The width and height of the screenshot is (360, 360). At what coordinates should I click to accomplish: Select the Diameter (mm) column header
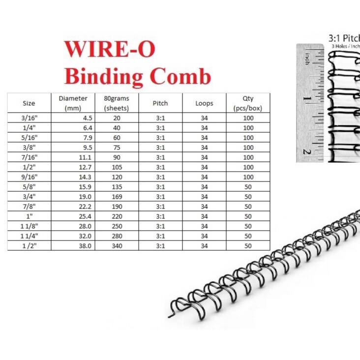coord(73,103)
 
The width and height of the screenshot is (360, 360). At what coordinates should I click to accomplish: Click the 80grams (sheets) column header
coord(117,103)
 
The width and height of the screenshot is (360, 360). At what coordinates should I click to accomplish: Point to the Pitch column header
coord(160,103)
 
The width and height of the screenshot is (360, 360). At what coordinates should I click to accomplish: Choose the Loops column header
coord(204,103)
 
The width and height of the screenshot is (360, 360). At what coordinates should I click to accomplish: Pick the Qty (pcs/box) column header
coord(248,103)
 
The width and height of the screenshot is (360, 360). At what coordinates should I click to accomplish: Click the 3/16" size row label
coord(29,118)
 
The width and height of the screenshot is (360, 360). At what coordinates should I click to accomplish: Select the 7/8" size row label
coord(29,206)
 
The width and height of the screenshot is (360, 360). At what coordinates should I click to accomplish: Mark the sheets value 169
coord(117,197)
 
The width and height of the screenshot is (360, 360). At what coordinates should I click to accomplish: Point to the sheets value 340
coord(117,245)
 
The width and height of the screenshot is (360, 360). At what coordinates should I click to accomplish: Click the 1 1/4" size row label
coord(29,236)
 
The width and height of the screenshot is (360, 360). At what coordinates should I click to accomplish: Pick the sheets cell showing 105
coord(117,167)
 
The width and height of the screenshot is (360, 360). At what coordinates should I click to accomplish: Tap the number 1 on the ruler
coord(307,99)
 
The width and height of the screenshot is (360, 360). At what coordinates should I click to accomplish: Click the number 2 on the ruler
coord(307,151)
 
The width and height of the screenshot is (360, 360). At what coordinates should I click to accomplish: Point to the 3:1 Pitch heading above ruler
coord(344,37)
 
